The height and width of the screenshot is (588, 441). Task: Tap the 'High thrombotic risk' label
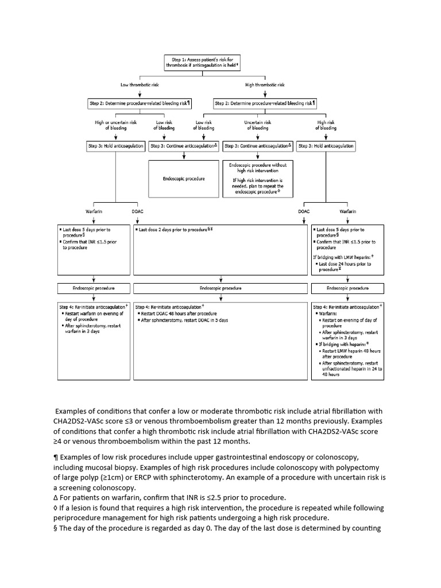point(265,84)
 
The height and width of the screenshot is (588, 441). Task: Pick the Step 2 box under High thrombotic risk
point(265,103)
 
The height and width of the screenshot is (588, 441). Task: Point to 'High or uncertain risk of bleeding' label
point(115,125)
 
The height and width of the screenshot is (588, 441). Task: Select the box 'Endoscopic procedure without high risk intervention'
point(257,179)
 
